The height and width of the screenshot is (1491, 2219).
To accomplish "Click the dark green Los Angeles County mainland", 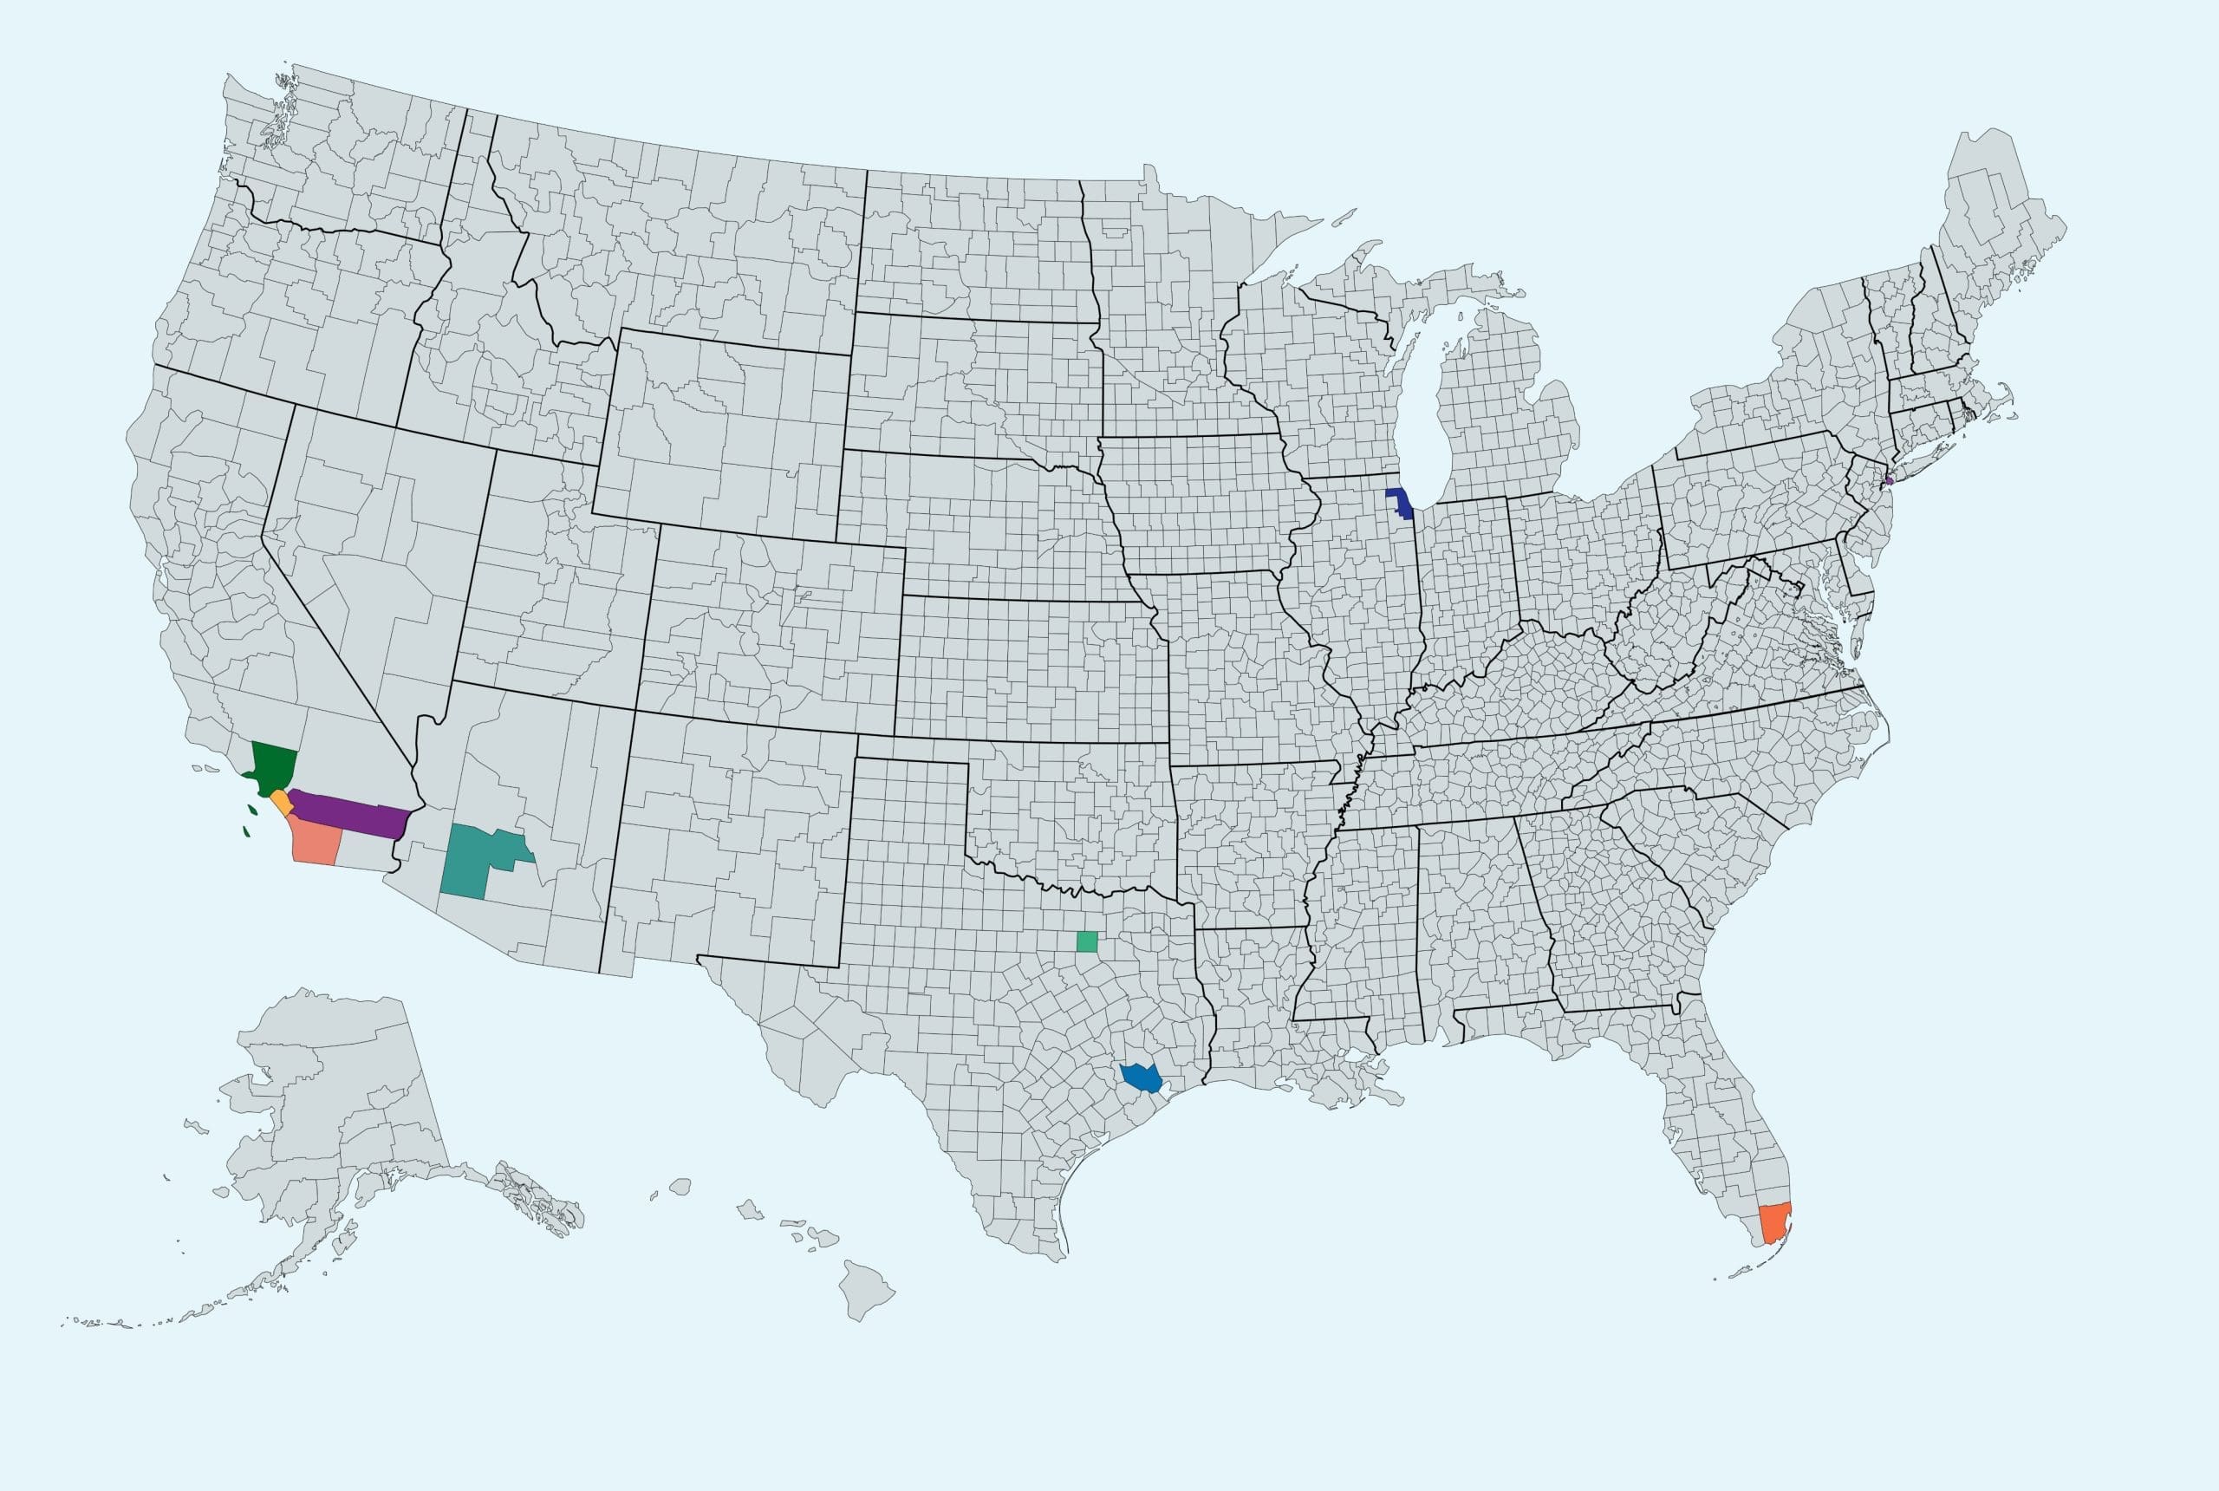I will pos(274,766).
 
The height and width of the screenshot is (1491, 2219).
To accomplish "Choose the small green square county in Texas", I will pos(1087,941).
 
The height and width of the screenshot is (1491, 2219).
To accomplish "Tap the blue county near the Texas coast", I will pos(1139,1078).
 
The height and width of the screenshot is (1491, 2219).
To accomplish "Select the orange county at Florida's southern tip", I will pos(1774,1223).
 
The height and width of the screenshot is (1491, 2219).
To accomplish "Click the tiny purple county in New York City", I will pos(1889,480).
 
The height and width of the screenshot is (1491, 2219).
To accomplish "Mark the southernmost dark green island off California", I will pos(246,831).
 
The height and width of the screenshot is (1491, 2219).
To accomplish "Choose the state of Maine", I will pos(1996,238).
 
